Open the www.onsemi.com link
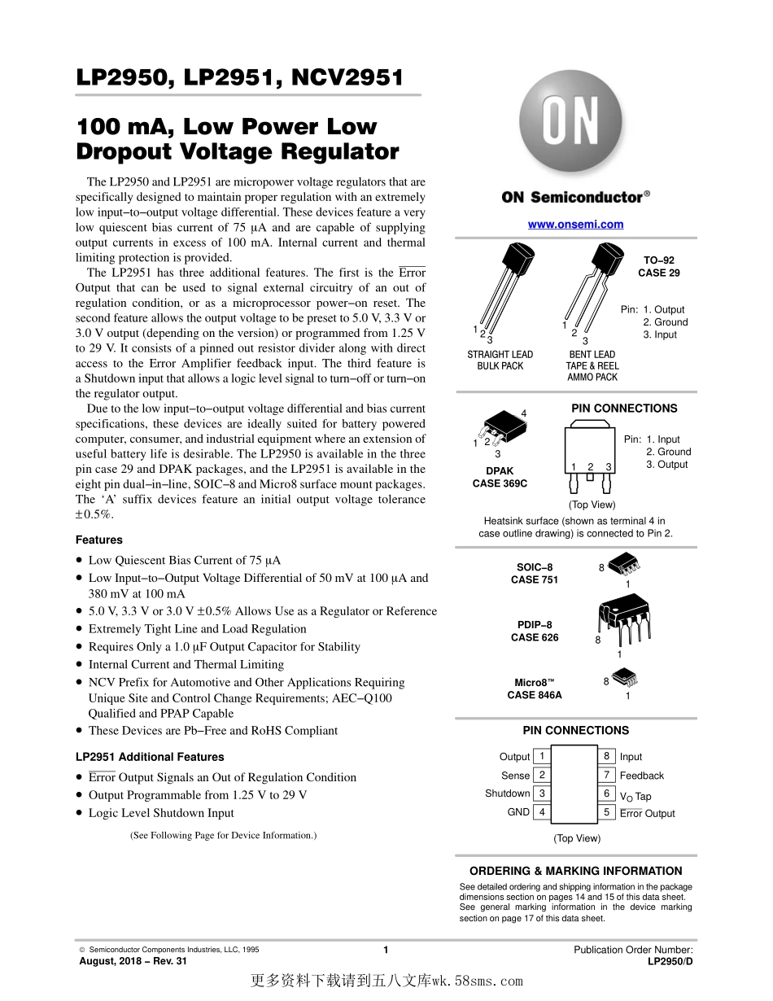coord(575,225)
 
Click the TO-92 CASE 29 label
coord(658,267)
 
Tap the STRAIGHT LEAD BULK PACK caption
coord(500,361)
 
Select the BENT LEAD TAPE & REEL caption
coord(592,366)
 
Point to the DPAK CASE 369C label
coord(500,477)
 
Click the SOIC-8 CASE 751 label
coord(534,574)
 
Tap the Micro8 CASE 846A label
coord(534,689)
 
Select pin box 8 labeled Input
coord(606,756)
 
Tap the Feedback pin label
coord(641,776)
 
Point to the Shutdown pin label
coord(507,793)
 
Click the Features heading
coord(99,540)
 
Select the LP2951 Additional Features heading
coord(150,757)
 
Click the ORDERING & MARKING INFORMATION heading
coord(575,871)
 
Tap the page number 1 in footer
coord(386,950)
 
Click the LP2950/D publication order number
coord(670,961)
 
